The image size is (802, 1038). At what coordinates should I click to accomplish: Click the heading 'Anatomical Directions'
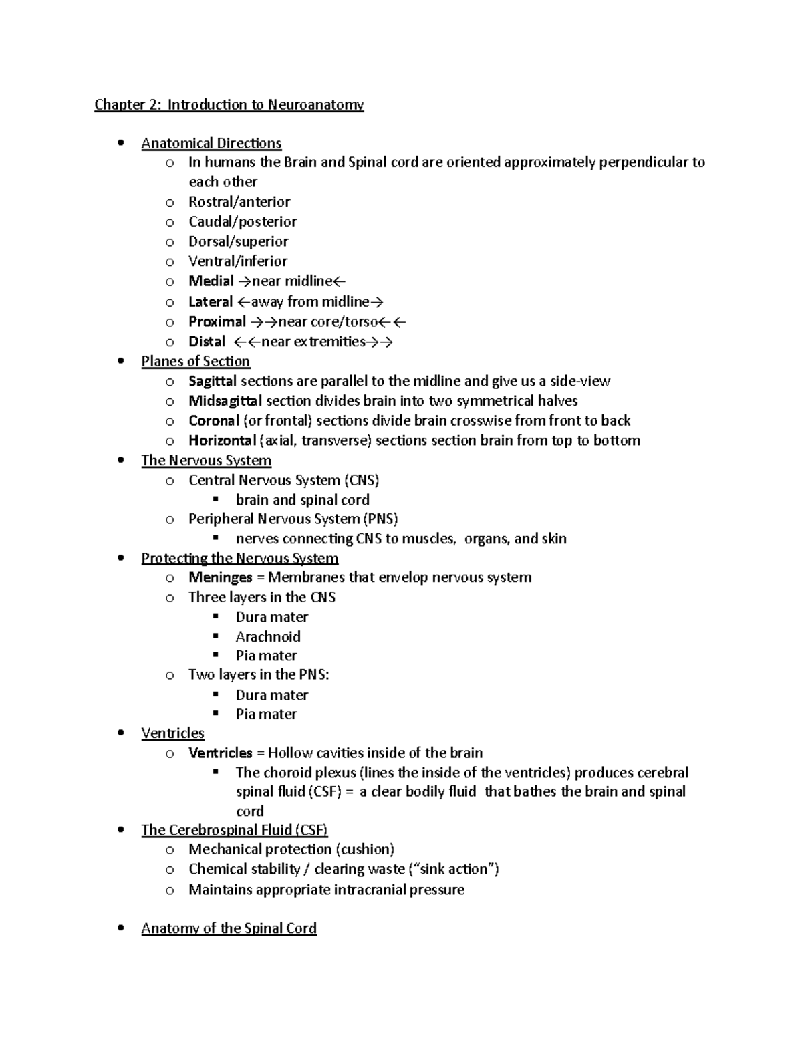(x=211, y=143)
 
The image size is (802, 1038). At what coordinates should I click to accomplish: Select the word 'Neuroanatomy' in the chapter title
(x=315, y=104)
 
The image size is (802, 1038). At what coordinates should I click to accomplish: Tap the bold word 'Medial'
(x=211, y=281)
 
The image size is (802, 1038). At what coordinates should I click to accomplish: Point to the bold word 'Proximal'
(x=217, y=321)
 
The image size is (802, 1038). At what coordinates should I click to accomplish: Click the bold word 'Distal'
(x=207, y=342)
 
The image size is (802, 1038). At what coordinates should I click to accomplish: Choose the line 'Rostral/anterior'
(x=239, y=202)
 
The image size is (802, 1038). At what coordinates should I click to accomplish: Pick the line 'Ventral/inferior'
(x=238, y=261)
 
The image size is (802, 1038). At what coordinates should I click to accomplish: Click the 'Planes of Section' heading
(x=195, y=361)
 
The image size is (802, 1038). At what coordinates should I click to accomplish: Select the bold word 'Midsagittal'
(x=225, y=401)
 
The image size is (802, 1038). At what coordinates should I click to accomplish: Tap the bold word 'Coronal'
(x=213, y=420)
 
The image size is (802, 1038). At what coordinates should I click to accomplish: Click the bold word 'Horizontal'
(x=222, y=440)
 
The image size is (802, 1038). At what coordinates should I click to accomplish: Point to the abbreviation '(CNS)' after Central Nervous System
(x=362, y=480)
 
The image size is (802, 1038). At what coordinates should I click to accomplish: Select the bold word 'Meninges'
(x=220, y=577)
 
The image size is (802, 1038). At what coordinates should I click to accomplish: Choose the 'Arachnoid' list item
(x=268, y=636)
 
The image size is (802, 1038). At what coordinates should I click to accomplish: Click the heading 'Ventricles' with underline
(x=172, y=733)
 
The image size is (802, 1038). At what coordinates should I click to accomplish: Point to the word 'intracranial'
(x=370, y=890)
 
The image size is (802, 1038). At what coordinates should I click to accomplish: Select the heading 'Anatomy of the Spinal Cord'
(x=229, y=928)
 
